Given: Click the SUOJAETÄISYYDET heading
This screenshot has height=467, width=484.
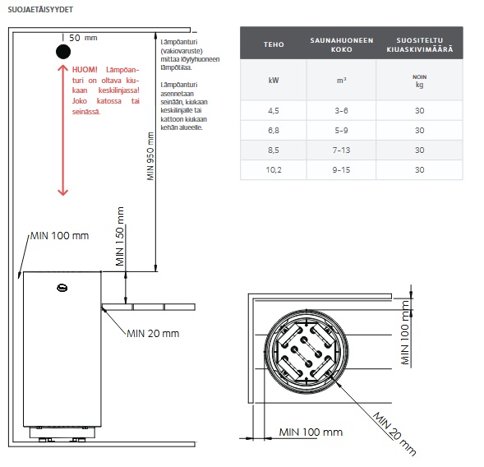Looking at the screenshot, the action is click(40, 10).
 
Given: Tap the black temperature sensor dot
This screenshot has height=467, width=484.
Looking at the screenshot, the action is click(63, 52).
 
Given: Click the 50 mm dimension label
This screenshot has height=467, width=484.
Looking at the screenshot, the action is click(83, 38).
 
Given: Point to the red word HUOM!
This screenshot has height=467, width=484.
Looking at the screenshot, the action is click(85, 70).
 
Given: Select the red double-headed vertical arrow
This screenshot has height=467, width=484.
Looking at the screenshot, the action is click(63, 130).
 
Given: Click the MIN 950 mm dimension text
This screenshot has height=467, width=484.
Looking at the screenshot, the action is click(150, 156).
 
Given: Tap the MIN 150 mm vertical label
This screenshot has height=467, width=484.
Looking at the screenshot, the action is click(119, 236).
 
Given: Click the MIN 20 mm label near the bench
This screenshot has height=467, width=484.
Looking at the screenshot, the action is click(153, 334).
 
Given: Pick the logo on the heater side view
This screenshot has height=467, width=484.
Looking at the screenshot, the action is click(62, 288).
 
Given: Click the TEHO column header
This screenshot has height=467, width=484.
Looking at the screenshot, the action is click(274, 44).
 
